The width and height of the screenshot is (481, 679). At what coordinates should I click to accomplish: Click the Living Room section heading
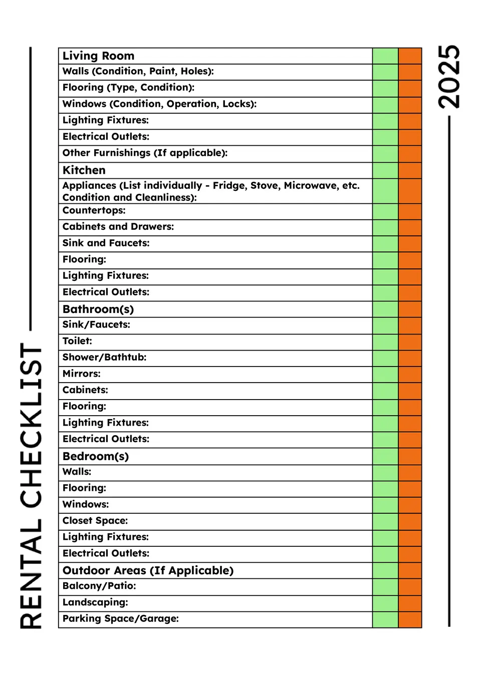coord(98,56)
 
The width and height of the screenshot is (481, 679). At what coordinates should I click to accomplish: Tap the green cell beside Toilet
coord(385,342)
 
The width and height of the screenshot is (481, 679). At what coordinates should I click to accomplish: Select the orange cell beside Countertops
coord(410,211)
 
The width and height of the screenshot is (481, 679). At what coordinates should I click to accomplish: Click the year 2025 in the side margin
coord(448,77)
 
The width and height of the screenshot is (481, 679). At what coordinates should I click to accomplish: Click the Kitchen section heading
coord(84,170)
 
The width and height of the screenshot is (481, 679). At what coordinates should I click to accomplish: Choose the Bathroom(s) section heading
coord(98,309)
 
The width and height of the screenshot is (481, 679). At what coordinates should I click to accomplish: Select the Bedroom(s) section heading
coord(96,456)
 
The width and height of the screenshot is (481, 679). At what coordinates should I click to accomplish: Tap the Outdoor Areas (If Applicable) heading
coord(148,570)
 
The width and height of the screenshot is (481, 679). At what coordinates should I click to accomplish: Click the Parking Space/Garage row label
coord(120,618)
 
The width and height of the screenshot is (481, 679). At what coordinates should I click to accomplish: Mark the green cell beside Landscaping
coord(385,603)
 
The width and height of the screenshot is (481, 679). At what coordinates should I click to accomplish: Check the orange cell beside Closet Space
coord(410,522)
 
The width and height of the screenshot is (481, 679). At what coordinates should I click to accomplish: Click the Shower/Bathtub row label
coord(104,357)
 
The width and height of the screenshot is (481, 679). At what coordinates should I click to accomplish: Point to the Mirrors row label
coord(81,374)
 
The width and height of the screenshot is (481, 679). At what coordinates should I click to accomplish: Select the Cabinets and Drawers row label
coord(118,226)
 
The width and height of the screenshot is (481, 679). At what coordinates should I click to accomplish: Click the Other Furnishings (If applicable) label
coord(145,153)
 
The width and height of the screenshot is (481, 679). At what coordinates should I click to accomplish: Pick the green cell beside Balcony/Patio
coord(385,587)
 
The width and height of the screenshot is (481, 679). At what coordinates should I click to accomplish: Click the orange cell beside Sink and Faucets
coord(410,244)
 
